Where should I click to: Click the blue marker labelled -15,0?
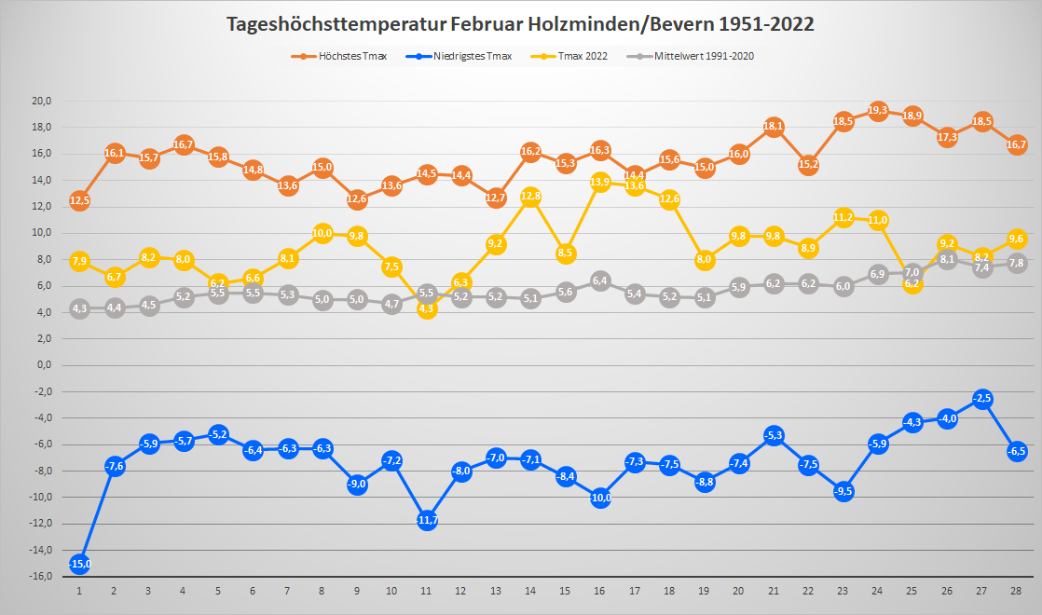point(79,563)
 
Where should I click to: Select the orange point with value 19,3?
point(878,111)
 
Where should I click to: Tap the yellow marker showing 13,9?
point(600,182)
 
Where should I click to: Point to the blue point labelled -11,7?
point(427,520)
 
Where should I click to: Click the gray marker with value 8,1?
point(947,259)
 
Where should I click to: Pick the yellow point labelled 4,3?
point(427,308)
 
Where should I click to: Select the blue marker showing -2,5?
point(981,399)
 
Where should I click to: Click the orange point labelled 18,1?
point(774,127)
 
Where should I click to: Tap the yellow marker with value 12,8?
point(530,197)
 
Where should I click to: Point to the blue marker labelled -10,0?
point(600,498)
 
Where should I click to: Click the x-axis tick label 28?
point(1016,591)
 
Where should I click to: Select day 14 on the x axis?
point(531,591)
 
